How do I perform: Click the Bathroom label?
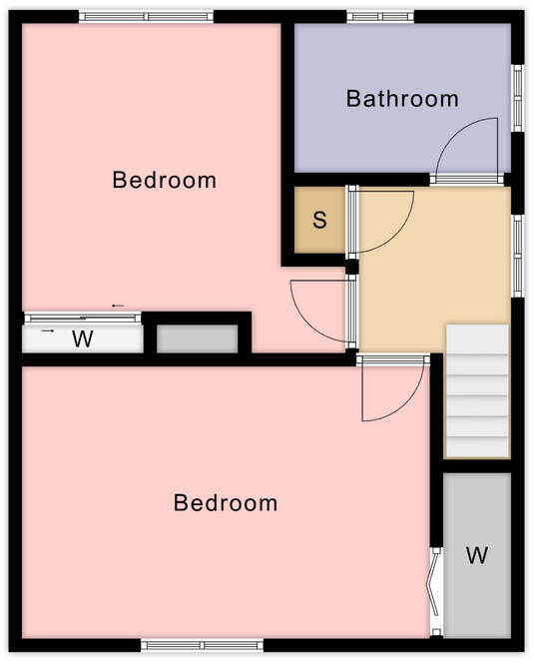[402, 99]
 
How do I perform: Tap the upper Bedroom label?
[165, 181]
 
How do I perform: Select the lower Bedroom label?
[226, 502]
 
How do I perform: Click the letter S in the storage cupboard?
[319, 220]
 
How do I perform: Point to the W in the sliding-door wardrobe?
[83, 339]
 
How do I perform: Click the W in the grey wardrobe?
[477, 555]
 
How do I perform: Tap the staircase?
[477, 390]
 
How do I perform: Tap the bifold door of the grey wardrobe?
[435, 589]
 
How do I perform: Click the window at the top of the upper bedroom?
[146, 17]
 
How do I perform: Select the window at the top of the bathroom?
[379, 17]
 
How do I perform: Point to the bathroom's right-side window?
[517, 97]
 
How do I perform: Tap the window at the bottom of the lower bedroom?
[202, 645]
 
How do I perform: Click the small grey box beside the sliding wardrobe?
[198, 338]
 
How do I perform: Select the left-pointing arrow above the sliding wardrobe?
[118, 306]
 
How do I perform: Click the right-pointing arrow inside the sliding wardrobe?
[48, 330]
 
